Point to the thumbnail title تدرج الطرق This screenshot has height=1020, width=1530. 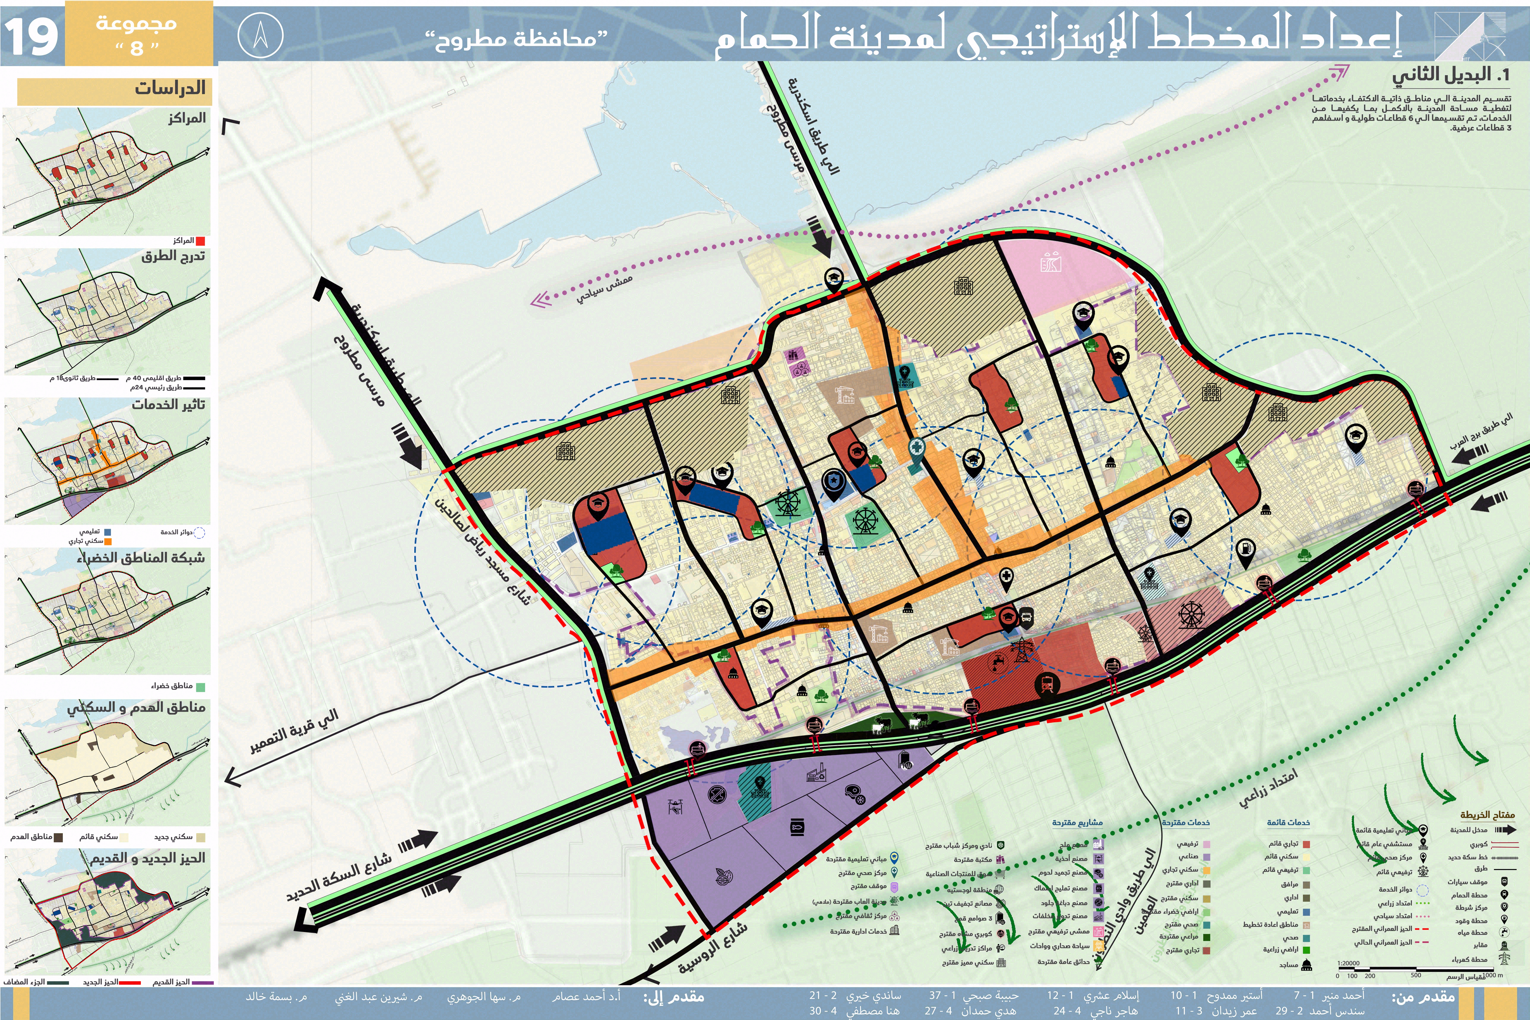coord(173,256)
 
